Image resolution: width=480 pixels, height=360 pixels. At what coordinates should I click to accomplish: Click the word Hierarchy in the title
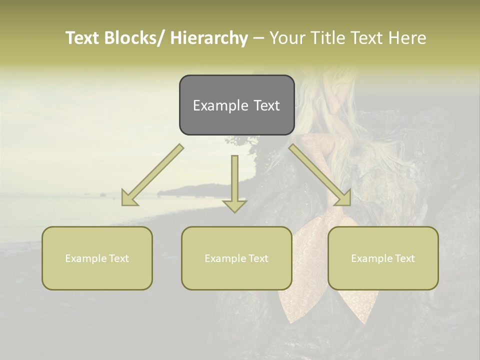coord(209,38)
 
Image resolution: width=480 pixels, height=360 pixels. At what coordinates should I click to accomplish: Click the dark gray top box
coord(236,105)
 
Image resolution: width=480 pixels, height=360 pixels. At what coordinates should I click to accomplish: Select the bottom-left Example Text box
coord(97,258)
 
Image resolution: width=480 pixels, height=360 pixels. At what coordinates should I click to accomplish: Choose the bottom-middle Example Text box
coord(236,258)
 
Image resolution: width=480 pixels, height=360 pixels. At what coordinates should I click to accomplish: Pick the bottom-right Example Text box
coord(383,258)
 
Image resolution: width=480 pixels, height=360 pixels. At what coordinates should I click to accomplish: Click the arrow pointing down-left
coord(152,175)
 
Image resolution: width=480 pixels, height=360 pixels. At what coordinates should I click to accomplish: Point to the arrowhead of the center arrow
coord(234,205)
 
